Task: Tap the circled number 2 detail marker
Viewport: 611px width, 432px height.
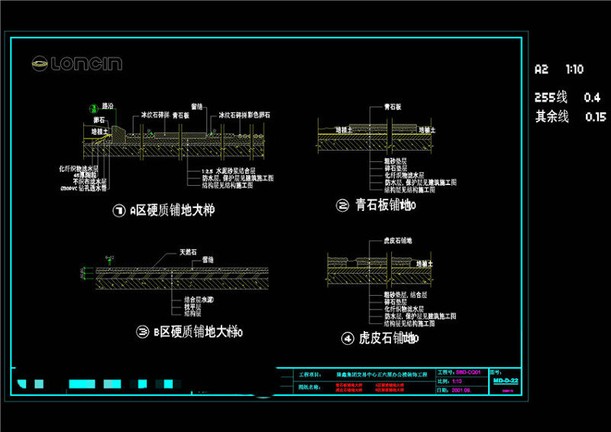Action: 342,205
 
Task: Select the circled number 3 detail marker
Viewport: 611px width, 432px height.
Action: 142,332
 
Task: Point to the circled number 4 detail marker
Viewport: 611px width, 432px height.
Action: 348,337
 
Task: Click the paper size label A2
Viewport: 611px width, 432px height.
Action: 541,70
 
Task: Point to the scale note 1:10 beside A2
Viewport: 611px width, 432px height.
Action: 574,70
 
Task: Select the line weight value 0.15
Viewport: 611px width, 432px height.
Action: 594,117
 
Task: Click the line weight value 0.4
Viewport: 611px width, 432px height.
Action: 592,98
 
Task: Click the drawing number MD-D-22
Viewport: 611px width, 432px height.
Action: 506,380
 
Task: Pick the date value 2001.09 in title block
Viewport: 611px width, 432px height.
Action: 461,389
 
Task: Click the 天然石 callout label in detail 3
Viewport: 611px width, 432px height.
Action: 188,251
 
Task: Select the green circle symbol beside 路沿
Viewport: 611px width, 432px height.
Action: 94,107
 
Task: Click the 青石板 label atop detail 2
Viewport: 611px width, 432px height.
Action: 381,109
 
